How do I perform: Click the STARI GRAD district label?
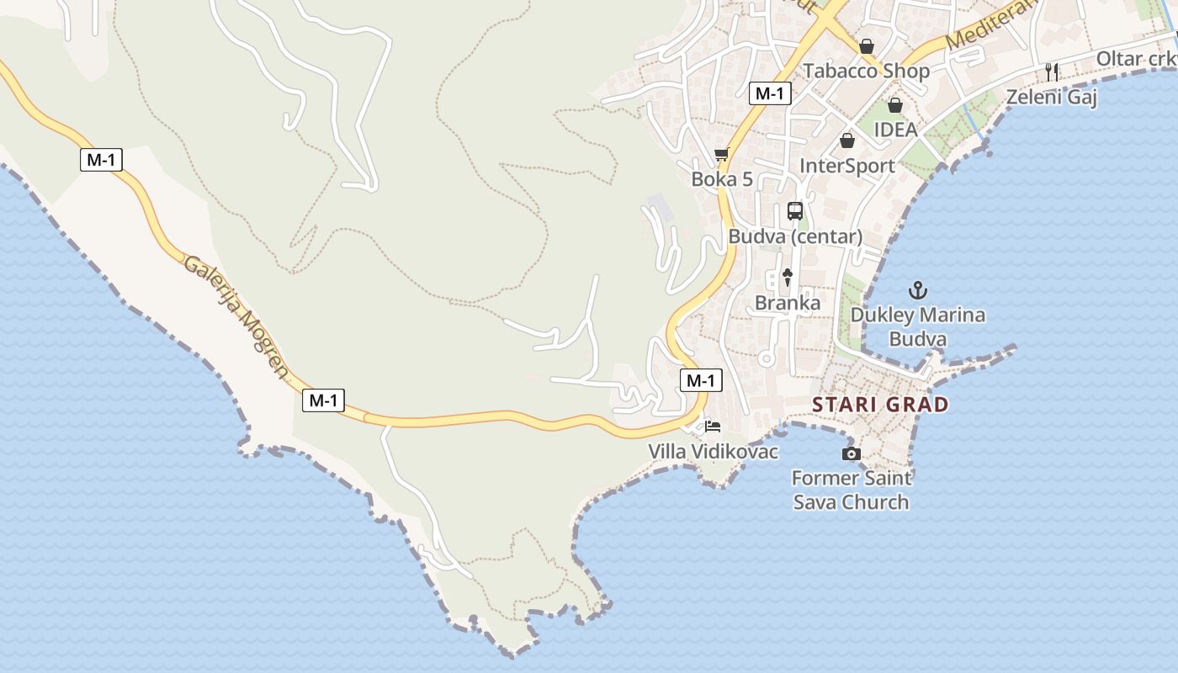[x=880, y=405]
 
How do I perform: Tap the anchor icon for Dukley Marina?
[x=918, y=291]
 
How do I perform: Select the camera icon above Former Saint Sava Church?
[x=852, y=454]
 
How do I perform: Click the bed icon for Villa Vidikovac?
[x=713, y=426]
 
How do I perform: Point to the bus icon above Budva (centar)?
[x=795, y=211]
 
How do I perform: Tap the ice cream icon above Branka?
[x=788, y=276]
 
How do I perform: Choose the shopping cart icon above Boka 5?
[x=721, y=154]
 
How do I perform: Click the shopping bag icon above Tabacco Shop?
[x=867, y=46]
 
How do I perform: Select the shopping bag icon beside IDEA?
[x=895, y=105]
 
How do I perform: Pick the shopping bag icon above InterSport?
[x=847, y=140]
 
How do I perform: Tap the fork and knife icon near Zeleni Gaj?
[x=1051, y=72]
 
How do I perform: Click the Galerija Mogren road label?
[x=236, y=316]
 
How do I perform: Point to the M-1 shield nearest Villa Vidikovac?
[x=700, y=380]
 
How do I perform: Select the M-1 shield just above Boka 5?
[x=770, y=93]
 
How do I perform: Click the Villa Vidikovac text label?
[x=713, y=452]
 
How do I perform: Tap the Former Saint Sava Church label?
[x=852, y=490]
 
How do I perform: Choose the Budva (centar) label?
[x=795, y=236]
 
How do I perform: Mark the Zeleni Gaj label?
[x=1052, y=98]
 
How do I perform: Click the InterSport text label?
[x=847, y=166]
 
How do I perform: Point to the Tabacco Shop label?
[x=867, y=71]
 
